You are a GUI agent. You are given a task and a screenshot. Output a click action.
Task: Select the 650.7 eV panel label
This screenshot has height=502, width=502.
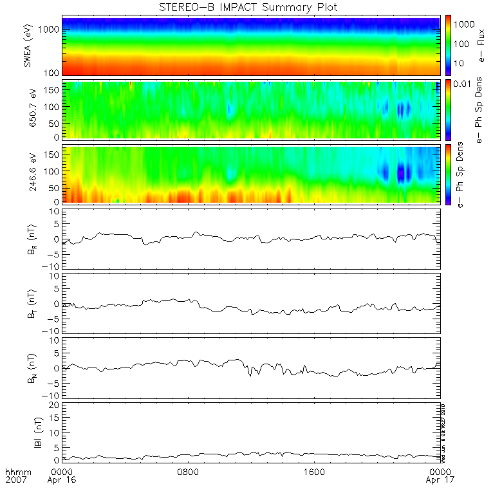28,110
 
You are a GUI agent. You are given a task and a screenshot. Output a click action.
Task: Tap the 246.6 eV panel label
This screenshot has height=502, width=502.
28,174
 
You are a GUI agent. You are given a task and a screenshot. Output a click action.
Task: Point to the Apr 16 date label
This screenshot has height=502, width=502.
62,480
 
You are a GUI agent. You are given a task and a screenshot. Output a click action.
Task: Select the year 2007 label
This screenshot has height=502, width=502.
15,480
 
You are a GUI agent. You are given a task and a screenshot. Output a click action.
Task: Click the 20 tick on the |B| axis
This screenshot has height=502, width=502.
53,405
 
